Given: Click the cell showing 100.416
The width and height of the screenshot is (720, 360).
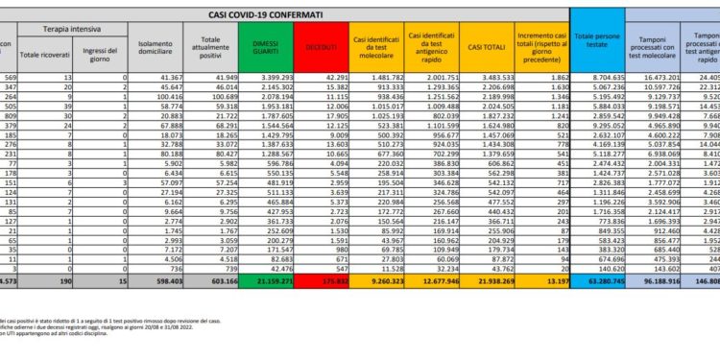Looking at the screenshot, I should pyautogui.click(x=189, y=97).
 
